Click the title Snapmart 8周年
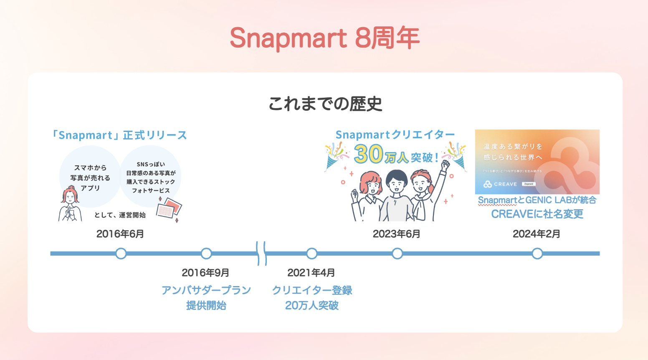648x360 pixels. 324,38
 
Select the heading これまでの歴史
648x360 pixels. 325,104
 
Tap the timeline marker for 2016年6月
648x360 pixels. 121,254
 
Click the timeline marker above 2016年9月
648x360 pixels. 206,254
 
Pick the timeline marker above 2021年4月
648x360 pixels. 311,254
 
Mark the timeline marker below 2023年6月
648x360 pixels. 397,254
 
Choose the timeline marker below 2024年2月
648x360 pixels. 537,254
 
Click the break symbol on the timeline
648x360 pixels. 261,254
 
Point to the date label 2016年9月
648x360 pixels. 205,273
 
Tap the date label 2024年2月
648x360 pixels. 537,234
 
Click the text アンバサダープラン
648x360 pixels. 206,290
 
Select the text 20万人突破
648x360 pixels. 311,306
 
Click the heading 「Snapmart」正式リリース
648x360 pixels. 119,135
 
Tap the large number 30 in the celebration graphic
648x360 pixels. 368,154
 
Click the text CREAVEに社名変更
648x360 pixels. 537,214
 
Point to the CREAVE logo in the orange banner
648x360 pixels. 500,184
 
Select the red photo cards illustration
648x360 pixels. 169,209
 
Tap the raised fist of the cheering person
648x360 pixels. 446,164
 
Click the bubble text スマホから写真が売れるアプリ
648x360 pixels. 90,178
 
